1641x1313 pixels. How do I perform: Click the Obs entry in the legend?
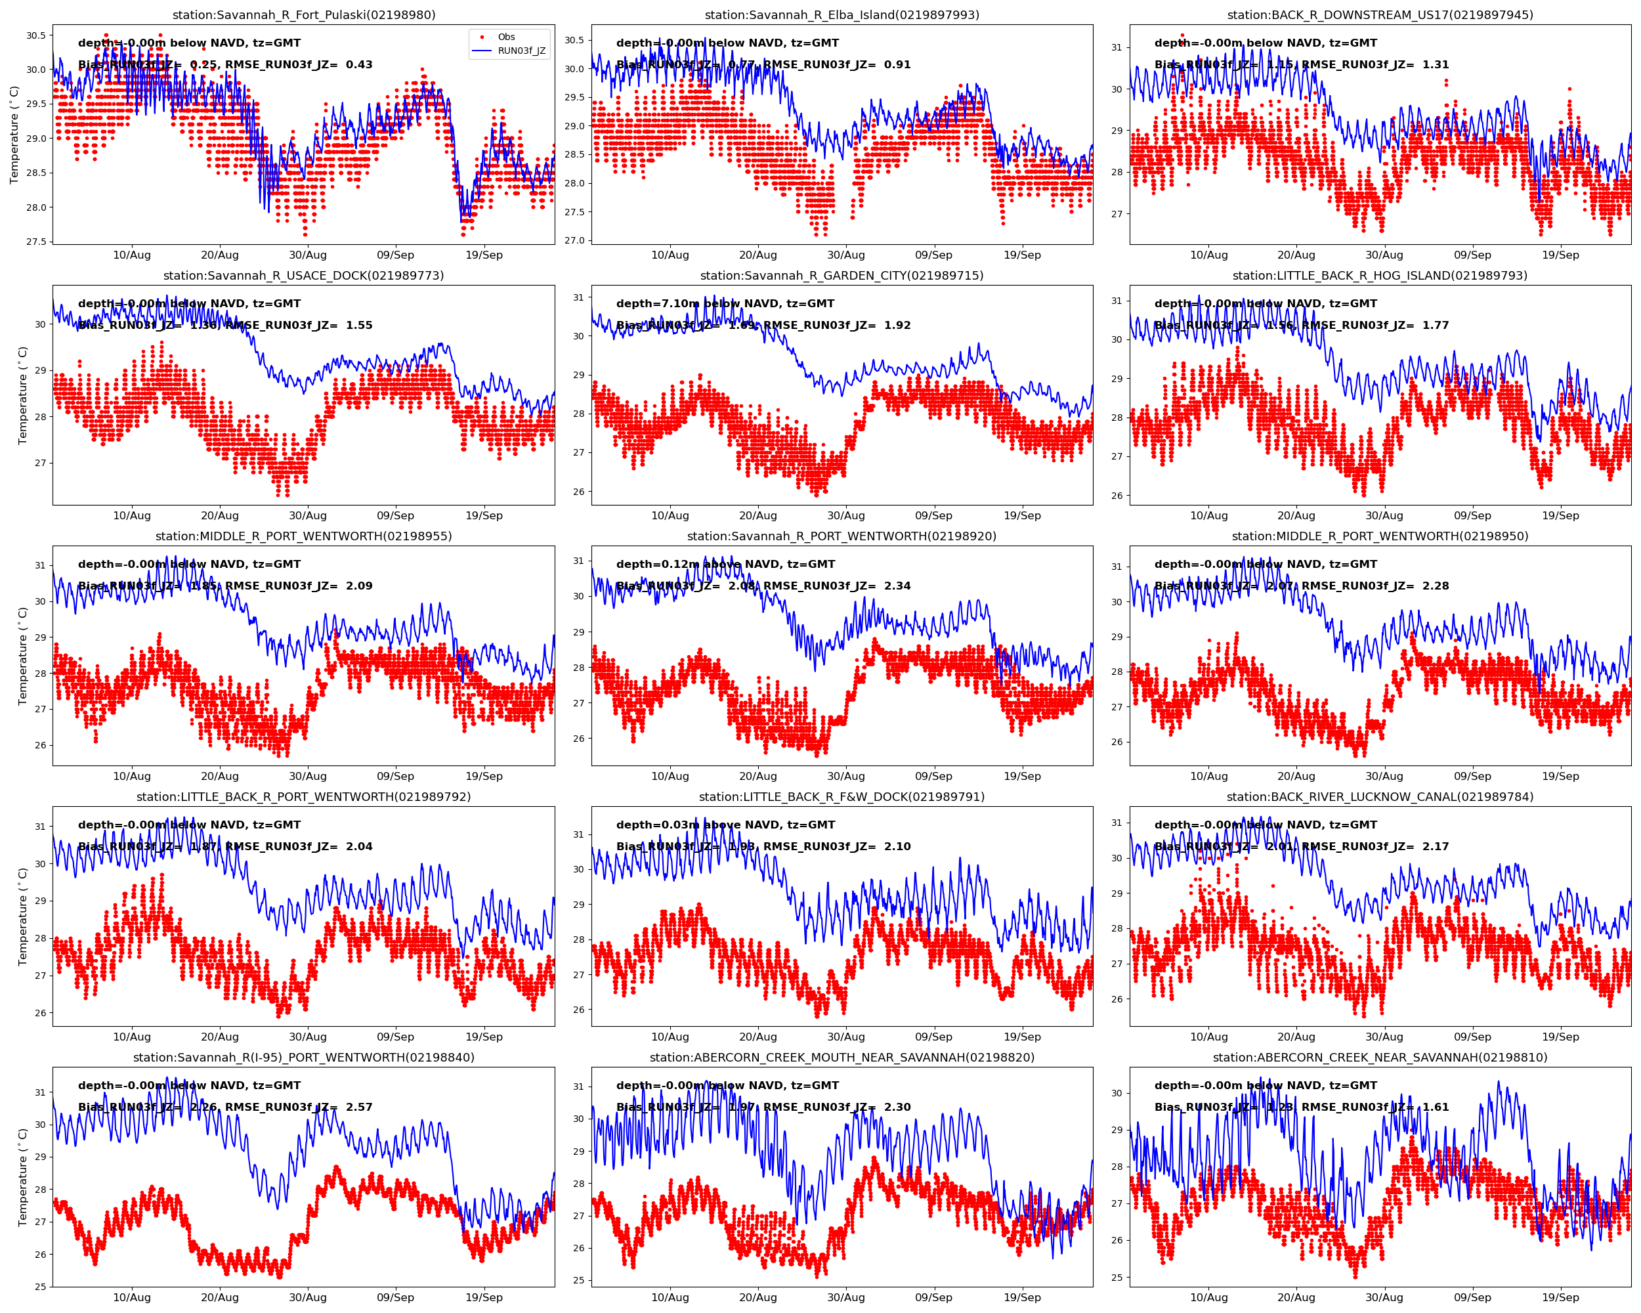coord(506,37)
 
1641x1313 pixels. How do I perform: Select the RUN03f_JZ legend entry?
coord(521,51)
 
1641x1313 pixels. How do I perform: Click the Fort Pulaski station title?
coord(304,14)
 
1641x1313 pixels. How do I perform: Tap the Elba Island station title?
coord(842,14)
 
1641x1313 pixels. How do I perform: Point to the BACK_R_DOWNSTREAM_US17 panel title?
coord(1380,14)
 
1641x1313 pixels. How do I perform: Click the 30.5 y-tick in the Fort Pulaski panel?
coord(35,35)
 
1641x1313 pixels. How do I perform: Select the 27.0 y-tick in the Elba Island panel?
coord(574,240)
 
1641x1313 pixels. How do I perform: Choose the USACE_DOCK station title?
coord(304,276)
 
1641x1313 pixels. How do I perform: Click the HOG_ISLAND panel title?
coord(1380,276)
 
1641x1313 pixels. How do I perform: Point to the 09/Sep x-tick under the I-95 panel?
coord(395,1297)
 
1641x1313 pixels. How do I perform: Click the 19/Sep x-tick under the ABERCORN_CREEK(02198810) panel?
coord(1560,1297)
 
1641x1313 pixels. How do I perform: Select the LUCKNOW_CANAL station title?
coord(1380,797)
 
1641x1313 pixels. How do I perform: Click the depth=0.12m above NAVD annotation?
coord(725,564)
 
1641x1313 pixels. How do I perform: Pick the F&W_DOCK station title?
coord(842,797)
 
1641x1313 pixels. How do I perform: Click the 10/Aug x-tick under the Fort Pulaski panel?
coord(132,255)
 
